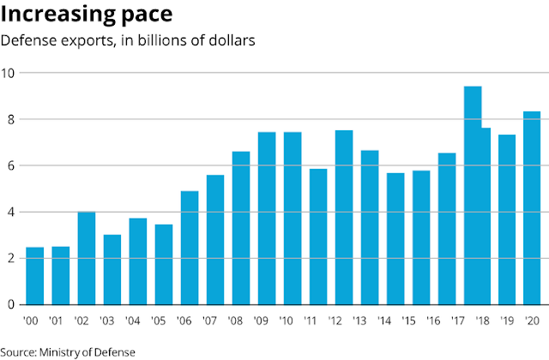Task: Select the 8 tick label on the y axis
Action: (9, 119)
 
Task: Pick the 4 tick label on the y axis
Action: (9, 212)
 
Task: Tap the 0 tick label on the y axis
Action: (9, 304)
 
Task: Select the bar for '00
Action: (34, 275)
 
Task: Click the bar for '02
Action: (86, 258)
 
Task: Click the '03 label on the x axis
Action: (111, 321)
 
